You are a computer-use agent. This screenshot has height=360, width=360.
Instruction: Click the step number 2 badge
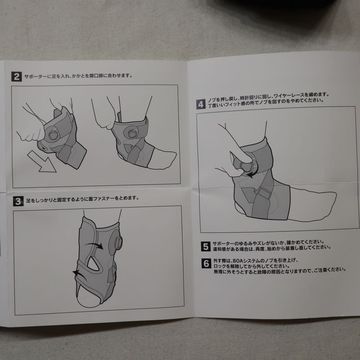(16, 76)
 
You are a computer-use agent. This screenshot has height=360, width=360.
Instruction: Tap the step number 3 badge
(18, 201)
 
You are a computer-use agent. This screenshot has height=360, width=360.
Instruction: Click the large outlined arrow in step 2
(41, 162)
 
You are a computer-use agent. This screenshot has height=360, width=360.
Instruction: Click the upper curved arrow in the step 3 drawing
(94, 245)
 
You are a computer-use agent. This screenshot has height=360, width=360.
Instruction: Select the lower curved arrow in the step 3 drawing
(80, 274)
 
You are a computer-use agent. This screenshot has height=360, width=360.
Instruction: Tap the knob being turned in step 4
(247, 165)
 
